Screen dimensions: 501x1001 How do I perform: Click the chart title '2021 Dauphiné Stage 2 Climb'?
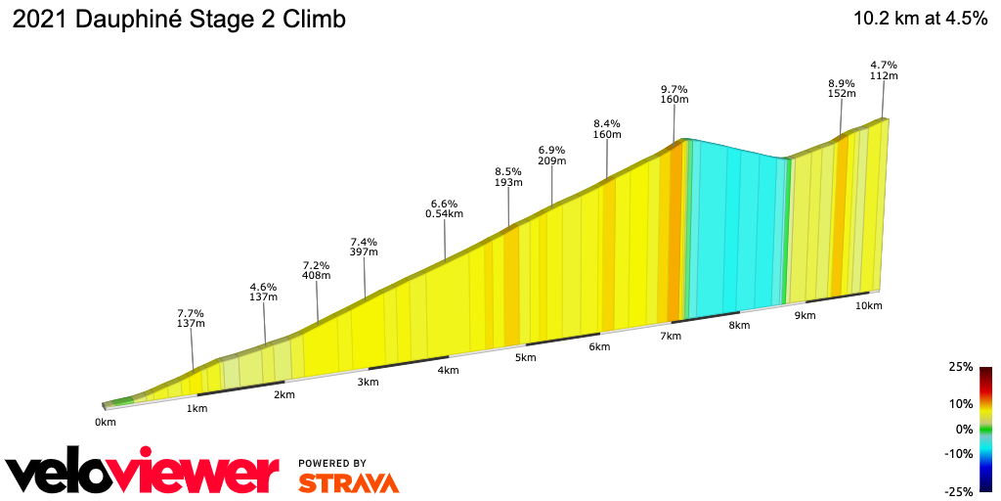179,20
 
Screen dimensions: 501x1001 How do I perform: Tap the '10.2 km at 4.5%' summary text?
920,20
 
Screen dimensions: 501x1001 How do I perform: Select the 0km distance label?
106,423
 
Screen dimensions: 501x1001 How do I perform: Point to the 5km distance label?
526,357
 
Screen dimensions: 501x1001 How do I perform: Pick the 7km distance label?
671,337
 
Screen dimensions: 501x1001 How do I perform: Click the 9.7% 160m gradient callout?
675,94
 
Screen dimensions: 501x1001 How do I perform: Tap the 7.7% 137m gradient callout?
190,317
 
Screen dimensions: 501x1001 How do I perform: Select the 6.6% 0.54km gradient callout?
445,208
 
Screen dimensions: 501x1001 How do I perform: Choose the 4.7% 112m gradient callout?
884,70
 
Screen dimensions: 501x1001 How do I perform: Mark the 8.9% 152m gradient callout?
842,88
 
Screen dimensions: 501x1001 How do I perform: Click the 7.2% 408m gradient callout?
317,270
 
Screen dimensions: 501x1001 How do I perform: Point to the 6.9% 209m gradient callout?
552,155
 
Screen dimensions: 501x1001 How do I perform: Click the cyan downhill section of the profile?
735,230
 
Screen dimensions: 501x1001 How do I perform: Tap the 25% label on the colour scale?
961,367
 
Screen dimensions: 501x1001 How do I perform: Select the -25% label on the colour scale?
960,491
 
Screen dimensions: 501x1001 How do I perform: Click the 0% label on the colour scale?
964,429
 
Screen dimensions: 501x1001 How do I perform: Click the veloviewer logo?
143,473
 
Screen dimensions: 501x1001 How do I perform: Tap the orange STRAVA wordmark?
348,483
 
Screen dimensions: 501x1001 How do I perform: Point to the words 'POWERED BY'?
332,463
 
